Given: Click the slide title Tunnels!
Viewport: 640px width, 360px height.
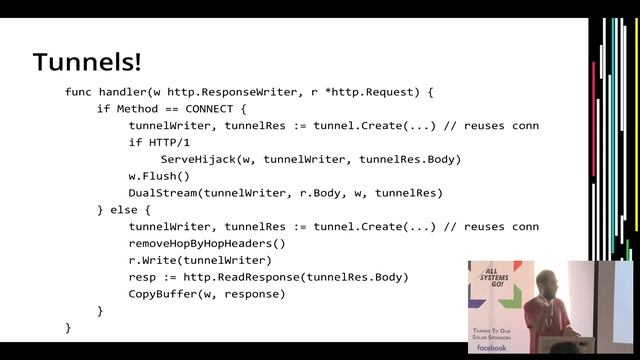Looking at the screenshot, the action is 87,62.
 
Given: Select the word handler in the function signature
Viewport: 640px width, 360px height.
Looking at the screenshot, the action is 132,92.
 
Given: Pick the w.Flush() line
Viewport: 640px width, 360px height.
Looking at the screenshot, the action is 158,176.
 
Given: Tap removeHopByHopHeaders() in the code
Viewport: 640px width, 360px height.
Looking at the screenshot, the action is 207,243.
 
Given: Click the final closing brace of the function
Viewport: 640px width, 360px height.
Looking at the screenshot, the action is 68,327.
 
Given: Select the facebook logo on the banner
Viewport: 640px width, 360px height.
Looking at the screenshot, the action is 492,347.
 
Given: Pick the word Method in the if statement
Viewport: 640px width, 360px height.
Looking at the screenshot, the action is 136,109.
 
